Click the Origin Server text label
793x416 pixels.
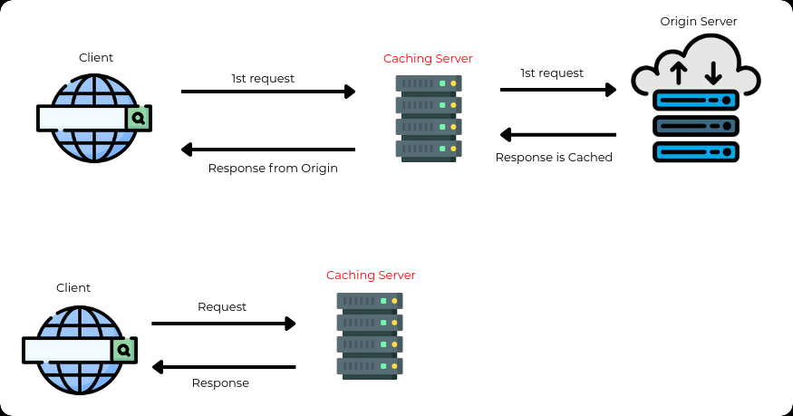coord(698,21)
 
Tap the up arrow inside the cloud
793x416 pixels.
coord(679,73)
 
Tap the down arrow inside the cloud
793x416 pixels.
coord(713,72)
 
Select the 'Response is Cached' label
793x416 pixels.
coord(554,158)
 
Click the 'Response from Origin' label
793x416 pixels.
coord(273,168)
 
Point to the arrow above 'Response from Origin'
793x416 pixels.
coord(268,149)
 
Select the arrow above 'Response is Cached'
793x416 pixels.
coord(558,135)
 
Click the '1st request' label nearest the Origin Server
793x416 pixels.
coord(552,73)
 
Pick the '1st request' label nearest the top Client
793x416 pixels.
coord(263,79)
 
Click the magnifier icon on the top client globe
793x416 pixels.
coord(138,118)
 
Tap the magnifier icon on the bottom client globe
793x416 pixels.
coord(123,350)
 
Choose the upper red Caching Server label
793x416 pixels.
coord(428,59)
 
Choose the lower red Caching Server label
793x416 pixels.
coord(371,276)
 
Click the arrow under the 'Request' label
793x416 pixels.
coord(224,324)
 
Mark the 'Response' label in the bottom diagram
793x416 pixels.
coord(220,383)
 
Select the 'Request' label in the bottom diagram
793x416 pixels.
coord(222,307)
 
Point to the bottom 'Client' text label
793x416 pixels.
coord(73,288)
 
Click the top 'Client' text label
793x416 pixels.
coord(96,58)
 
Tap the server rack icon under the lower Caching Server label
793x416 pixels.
coord(370,334)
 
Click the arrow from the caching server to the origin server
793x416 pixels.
coord(558,90)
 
